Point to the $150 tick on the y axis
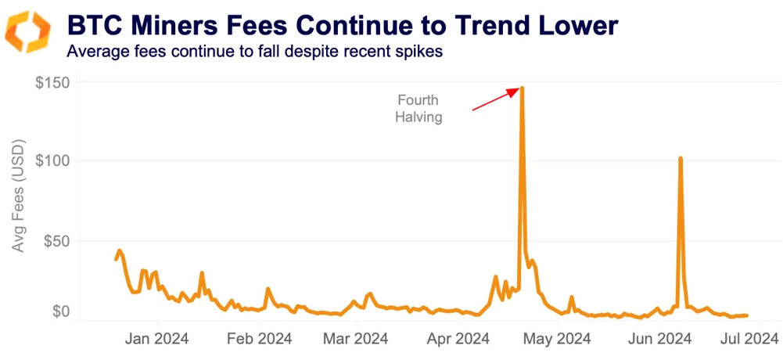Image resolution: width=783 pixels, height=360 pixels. pos(52,83)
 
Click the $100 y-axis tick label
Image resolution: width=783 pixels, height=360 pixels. pos(52,160)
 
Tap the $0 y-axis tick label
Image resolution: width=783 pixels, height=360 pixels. pos(59,312)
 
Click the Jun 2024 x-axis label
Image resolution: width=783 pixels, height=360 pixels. pos(660,339)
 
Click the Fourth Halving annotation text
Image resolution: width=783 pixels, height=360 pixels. pos(418,109)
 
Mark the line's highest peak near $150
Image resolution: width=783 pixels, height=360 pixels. pos(522,88)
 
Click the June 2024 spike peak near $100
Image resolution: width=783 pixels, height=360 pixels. pos(681,159)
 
